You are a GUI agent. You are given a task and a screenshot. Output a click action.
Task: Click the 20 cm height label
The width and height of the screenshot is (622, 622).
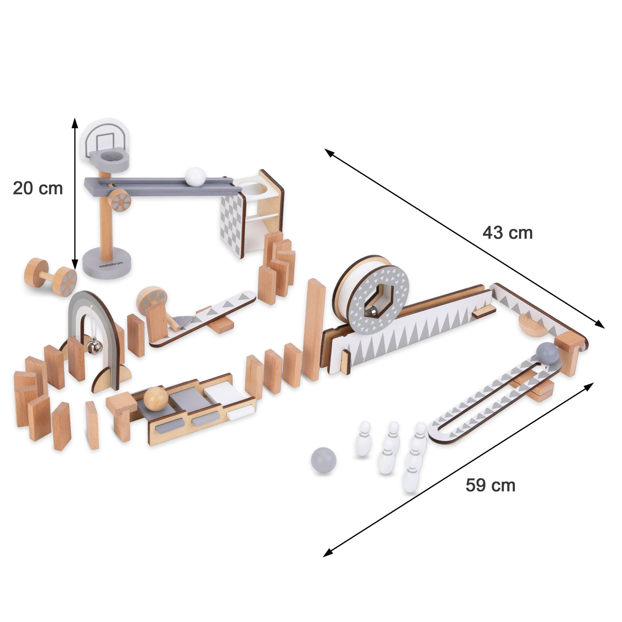point(38,188)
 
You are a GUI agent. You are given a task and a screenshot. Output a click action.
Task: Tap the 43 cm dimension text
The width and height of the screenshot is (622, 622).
point(507,233)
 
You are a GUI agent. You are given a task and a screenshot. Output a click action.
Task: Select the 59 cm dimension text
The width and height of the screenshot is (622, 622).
point(490,485)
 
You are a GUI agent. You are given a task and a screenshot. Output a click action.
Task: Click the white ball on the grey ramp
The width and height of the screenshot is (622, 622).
point(195,177)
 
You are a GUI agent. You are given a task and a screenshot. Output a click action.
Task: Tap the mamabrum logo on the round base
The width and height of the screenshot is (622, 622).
point(111,264)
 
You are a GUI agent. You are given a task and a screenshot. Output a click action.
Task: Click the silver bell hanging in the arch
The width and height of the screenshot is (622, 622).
point(94,346)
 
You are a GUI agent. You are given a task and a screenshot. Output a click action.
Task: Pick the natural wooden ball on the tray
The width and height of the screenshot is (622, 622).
point(155,398)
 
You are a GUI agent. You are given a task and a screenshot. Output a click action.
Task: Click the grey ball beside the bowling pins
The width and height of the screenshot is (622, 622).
point(323,460)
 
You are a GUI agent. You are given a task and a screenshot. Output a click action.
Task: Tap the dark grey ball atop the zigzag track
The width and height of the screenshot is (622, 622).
point(547,353)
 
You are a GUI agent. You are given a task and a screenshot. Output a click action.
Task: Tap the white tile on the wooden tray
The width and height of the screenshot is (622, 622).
point(220,394)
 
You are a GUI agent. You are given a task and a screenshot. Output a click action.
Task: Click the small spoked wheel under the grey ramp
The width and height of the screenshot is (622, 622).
point(119,200)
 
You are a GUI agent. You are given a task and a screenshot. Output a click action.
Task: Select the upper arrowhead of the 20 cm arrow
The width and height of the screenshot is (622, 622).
point(75,122)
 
